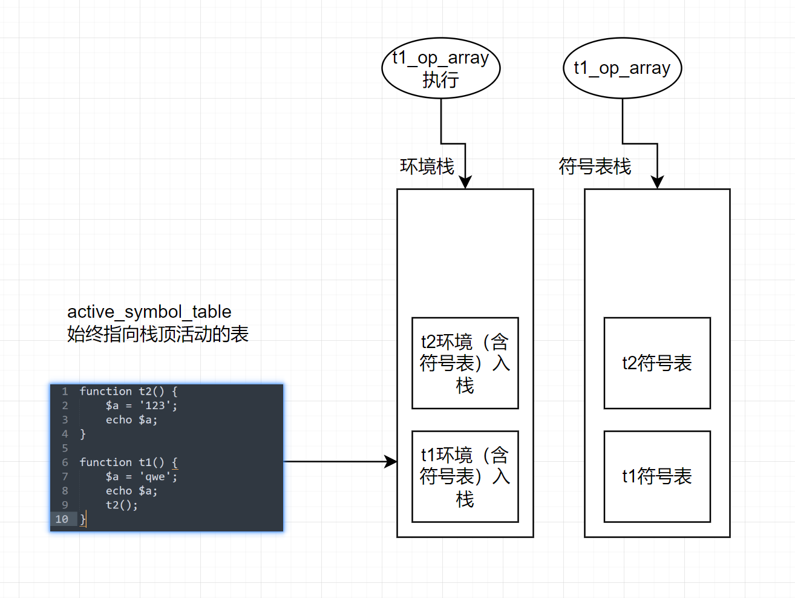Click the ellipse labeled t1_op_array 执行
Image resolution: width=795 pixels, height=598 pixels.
pyautogui.click(x=440, y=68)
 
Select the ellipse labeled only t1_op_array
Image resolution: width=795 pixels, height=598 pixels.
pyautogui.click(x=622, y=68)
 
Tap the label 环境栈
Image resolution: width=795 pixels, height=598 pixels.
pyautogui.click(x=427, y=166)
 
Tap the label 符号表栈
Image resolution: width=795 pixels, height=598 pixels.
pyautogui.click(x=595, y=166)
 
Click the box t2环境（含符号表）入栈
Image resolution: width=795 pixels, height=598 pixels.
pyautogui.click(x=465, y=363)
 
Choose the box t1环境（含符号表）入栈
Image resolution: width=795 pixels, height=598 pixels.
pyautogui.click(x=465, y=476)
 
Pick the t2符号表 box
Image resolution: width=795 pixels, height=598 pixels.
pyautogui.click(x=657, y=363)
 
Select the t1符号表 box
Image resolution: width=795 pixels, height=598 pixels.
pyautogui.click(x=657, y=476)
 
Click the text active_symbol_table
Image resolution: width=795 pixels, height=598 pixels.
pyautogui.click(x=149, y=312)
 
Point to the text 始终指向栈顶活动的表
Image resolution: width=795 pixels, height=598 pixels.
pyautogui.click(x=157, y=334)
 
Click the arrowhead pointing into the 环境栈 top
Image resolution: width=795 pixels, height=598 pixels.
pyautogui.click(x=465, y=182)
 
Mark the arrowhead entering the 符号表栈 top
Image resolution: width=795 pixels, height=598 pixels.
pyautogui.click(x=657, y=182)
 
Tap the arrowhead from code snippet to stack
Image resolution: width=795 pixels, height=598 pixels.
pyautogui.click(x=391, y=462)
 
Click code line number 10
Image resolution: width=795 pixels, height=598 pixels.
pyautogui.click(x=62, y=519)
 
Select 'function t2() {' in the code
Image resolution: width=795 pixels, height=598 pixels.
pyautogui.click(x=128, y=392)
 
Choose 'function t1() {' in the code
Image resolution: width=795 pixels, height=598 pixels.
pyautogui.click(x=128, y=462)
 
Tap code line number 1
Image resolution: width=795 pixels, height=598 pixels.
pyautogui.click(x=65, y=392)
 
